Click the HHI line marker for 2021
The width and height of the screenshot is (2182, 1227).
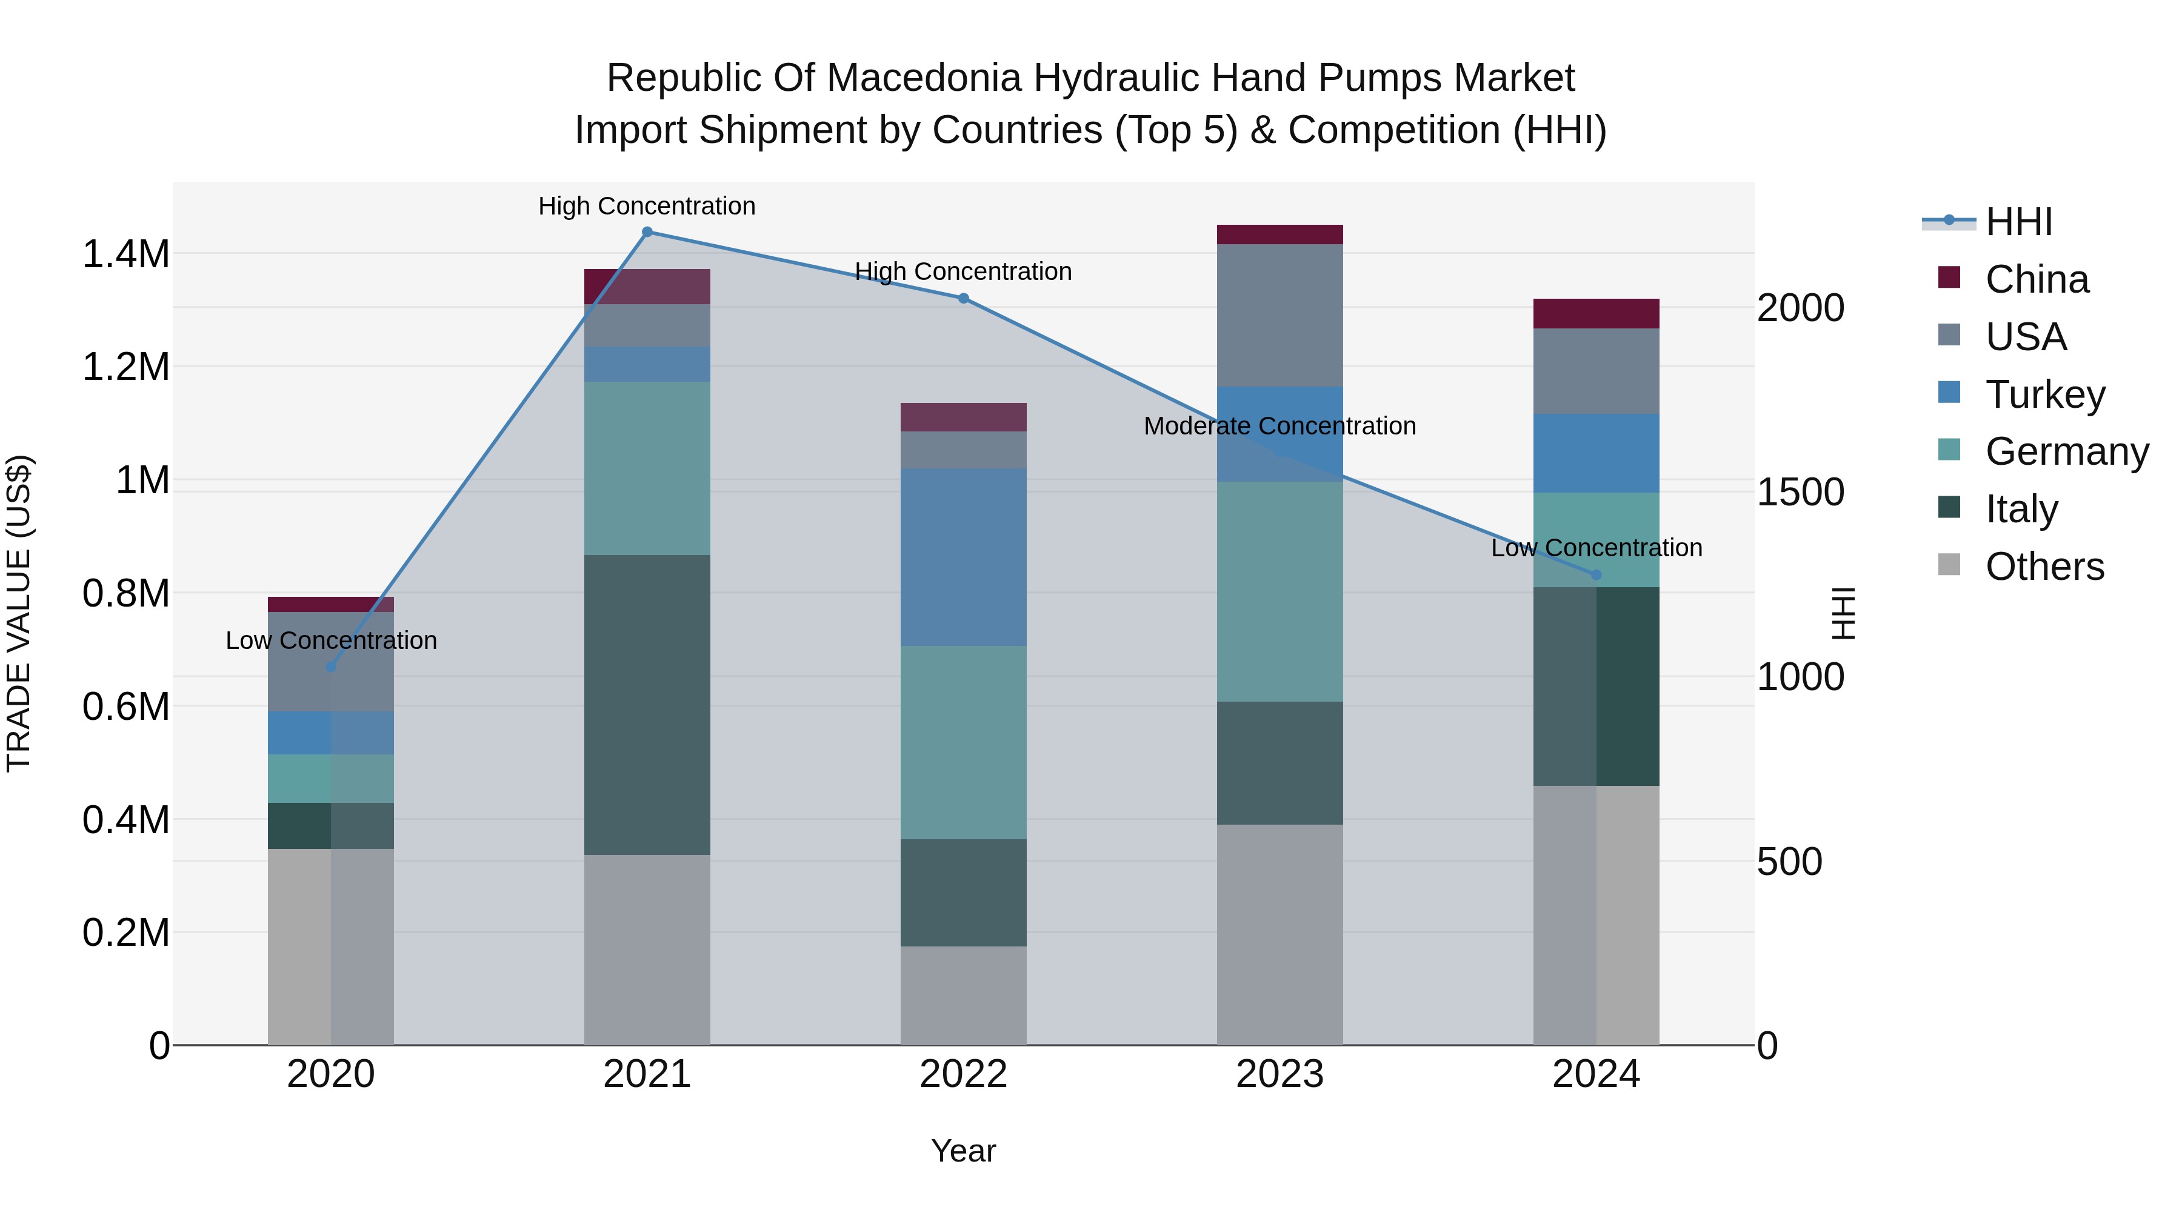pos(647,232)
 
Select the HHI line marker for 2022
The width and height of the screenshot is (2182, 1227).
pos(963,299)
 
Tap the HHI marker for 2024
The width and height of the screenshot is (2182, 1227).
pos(1596,575)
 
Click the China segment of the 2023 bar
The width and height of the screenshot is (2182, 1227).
pos(1279,234)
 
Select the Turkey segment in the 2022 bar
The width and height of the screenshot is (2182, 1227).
pos(963,557)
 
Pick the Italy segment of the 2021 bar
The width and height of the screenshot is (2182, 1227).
pos(647,705)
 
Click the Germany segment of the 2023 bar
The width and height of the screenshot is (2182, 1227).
pos(1279,591)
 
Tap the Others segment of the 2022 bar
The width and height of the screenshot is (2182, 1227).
pos(963,995)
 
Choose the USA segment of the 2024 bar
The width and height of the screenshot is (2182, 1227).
pos(1596,371)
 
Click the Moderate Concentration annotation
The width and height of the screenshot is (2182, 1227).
pos(1279,426)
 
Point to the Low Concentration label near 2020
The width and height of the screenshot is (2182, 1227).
pos(331,640)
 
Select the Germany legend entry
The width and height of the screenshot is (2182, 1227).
pos(2067,451)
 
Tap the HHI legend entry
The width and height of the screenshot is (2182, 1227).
pos(2018,222)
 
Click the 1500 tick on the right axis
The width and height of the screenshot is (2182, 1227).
pos(1800,492)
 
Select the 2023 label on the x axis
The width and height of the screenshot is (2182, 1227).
pos(1279,1074)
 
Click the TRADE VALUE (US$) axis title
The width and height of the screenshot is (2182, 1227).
pos(19,613)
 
